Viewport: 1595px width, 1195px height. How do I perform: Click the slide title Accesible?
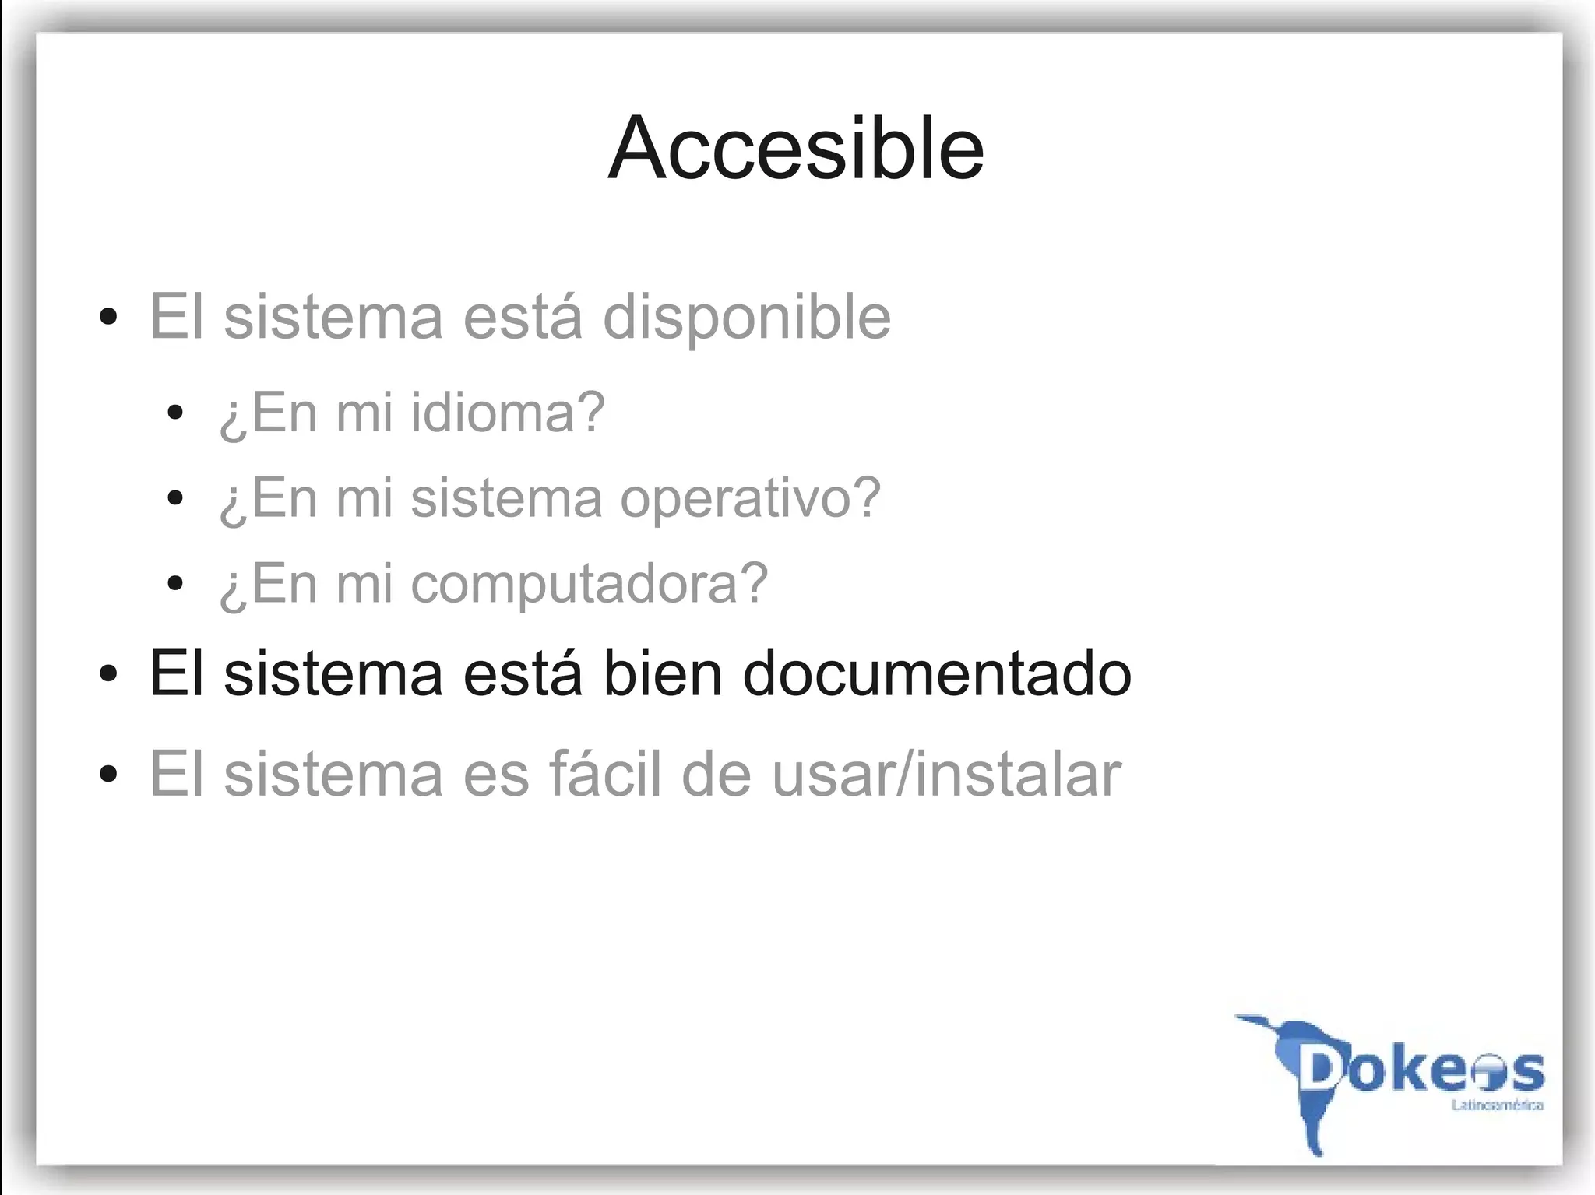(x=796, y=148)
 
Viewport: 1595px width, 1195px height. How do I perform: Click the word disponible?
(x=747, y=318)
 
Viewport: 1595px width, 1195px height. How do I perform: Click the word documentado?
(x=937, y=673)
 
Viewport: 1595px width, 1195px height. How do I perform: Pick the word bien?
(x=662, y=673)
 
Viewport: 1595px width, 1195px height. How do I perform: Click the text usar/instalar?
(x=946, y=774)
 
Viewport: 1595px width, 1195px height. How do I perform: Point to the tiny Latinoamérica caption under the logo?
(x=1497, y=1105)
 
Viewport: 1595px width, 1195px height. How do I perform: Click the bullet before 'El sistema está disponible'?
(x=109, y=317)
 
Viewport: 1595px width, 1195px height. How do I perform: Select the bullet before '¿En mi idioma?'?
(x=175, y=412)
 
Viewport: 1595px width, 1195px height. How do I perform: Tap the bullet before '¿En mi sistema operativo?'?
(x=175, y=497)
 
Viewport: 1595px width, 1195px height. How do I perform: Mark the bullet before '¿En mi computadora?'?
(x=175, y=583)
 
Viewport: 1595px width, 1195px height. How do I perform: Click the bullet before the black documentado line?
(x=109, y=673)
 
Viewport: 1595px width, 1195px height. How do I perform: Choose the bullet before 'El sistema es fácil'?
(x=109, y=774)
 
